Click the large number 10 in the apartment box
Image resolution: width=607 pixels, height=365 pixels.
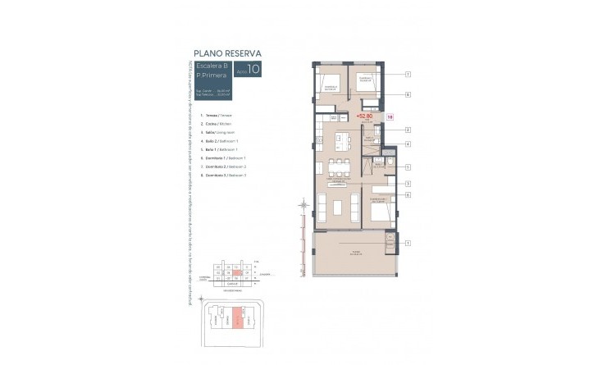(x=253, y=70)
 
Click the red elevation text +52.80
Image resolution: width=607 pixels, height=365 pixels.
(x=363, y=116)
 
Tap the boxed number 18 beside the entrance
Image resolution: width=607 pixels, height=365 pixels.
(x=390, y=117)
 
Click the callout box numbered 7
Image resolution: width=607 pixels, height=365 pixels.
(x=408, y=75)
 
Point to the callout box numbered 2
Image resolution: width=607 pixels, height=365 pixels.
(x=408, y=130)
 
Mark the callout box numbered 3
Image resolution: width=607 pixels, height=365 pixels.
(x=408, y=184)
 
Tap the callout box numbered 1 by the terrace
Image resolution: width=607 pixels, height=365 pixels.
(x=408, y=243)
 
